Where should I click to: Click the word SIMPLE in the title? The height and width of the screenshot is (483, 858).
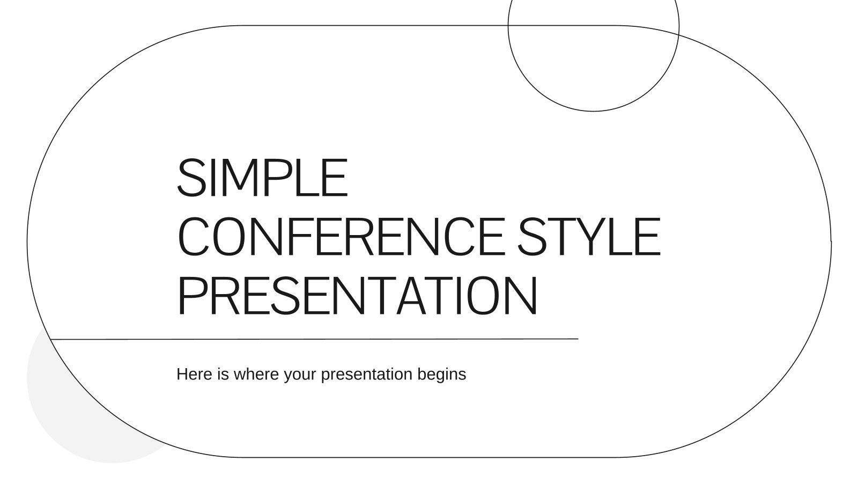tap(262, 178)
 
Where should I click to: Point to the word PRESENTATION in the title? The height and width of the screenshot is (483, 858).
tap(357, 296)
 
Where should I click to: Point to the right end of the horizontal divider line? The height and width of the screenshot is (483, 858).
tap(577, 339)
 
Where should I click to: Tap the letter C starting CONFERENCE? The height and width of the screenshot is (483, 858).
tap(195, 237)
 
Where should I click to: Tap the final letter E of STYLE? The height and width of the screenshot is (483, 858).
tap(648, 237)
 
